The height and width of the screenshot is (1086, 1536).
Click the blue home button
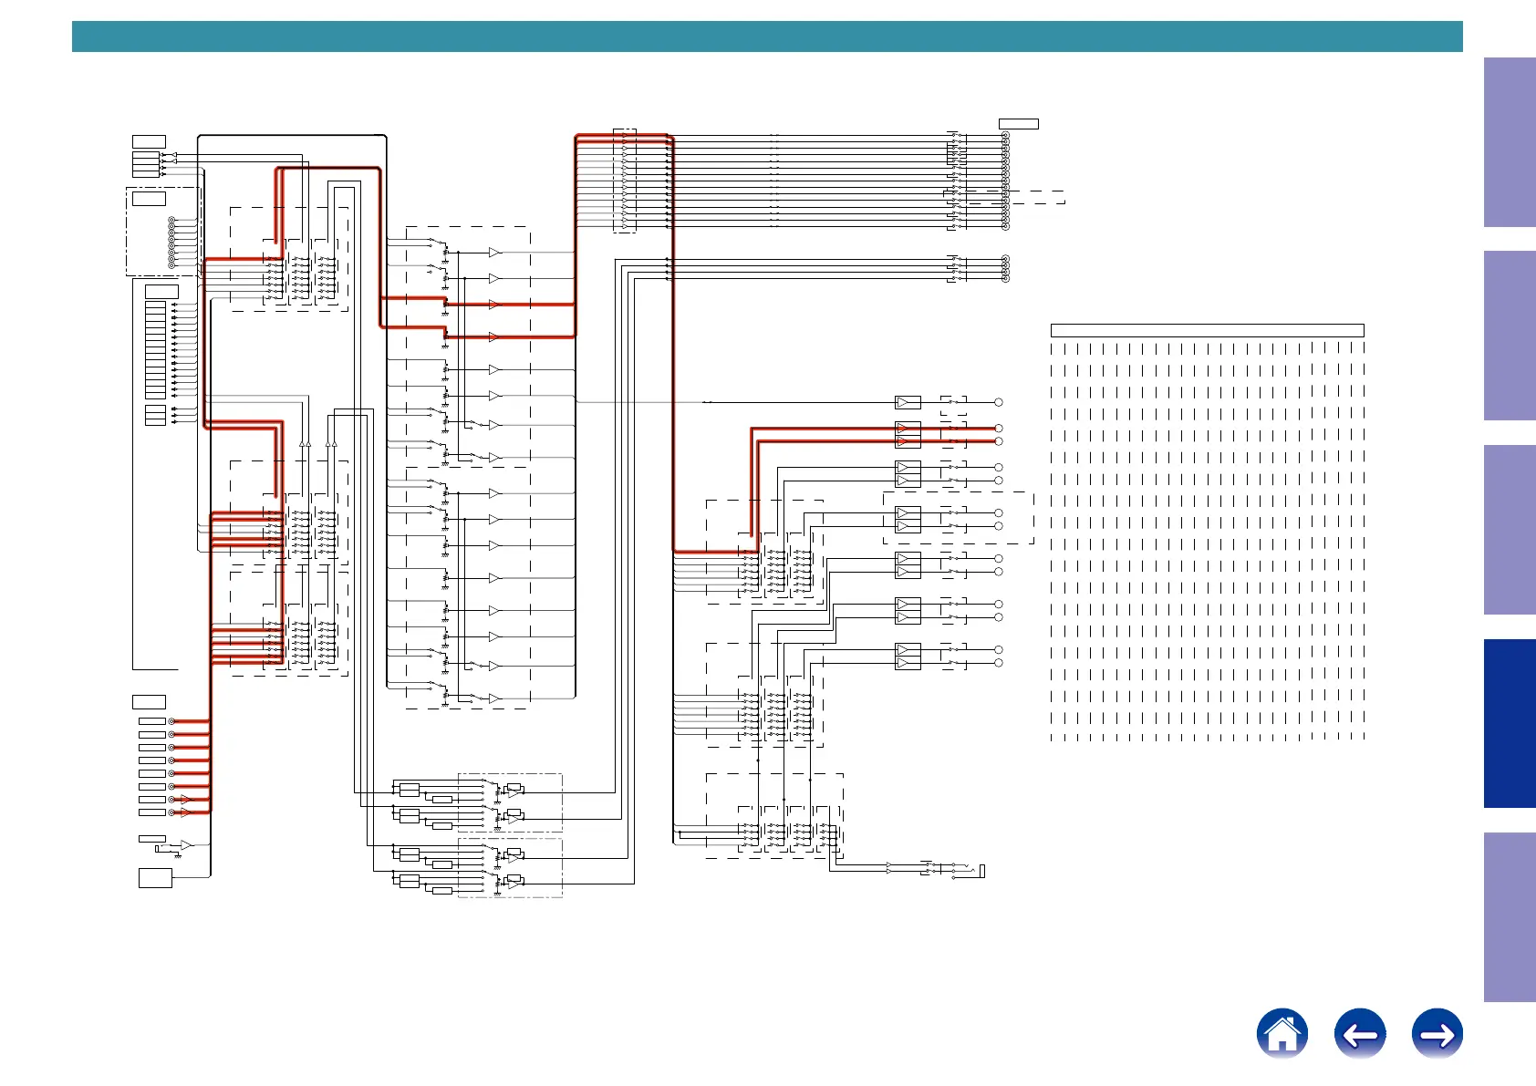1282,1034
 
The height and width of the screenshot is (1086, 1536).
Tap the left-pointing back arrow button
1359,1034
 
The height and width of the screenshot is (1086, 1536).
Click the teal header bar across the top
766,36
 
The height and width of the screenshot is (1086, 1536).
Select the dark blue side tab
1510,723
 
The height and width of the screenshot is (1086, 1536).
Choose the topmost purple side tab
1510,142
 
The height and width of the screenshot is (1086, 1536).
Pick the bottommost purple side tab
1510,917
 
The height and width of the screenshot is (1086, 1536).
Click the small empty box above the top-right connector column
1018,124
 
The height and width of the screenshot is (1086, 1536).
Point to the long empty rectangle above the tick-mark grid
1207,330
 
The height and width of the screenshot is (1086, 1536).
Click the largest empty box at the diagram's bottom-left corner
155,878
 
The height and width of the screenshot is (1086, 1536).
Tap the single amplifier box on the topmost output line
908,402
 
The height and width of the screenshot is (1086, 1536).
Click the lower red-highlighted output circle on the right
999,441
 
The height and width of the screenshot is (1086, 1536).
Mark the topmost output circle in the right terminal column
999,402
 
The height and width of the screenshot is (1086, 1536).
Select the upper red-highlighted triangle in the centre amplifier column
493,305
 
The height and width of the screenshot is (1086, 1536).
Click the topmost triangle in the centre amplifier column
493,253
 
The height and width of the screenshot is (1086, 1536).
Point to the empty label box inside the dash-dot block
149,199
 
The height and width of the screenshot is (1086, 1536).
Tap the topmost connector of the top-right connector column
1005,136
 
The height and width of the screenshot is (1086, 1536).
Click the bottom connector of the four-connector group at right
1005,279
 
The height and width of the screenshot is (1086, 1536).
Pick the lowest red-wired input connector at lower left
171,812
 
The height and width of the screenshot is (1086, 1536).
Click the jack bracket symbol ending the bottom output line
982,872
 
